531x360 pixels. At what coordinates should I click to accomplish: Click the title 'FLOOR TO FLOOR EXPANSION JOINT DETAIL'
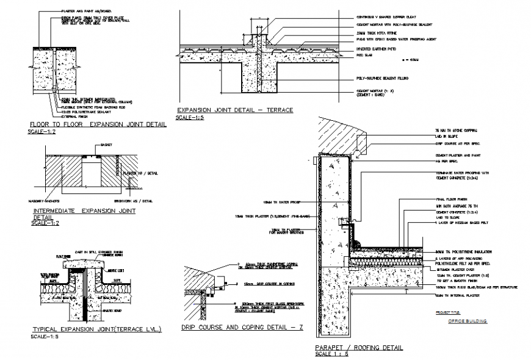(x=98, y=124)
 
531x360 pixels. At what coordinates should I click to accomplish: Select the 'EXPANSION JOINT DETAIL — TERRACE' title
(x=234, y=110)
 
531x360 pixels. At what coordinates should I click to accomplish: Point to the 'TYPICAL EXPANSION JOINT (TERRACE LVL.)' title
(x=96, y=329)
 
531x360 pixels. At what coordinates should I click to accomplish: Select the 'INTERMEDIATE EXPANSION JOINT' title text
(x=84, y=211)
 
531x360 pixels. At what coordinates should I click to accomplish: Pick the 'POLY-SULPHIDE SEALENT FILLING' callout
(x=385, y=79)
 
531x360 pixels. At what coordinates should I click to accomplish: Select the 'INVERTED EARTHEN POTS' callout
(x=378, y=48)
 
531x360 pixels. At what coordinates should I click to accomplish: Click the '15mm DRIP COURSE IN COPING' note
(x=255, y=284)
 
